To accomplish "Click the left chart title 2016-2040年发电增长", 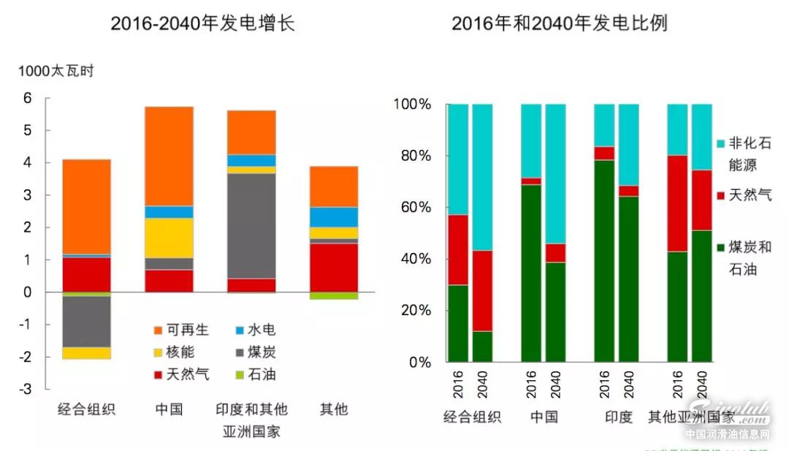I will [202, 23].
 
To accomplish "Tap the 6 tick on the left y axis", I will [27, 99].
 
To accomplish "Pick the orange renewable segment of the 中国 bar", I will [169, 156].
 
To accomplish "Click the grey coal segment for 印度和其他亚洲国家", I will [251, 226].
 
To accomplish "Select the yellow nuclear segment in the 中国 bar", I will [169, 238].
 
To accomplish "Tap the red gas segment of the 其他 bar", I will [333, 268].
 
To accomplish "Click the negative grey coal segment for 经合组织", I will [86, 322].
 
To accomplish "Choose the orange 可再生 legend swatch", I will [155, 330].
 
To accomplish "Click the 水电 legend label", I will [261, 330].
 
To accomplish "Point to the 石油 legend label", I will [261, 375].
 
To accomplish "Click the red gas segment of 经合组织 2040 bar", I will [482, 291].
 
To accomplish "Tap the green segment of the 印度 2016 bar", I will [604, 260].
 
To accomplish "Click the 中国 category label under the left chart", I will [169, 409].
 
